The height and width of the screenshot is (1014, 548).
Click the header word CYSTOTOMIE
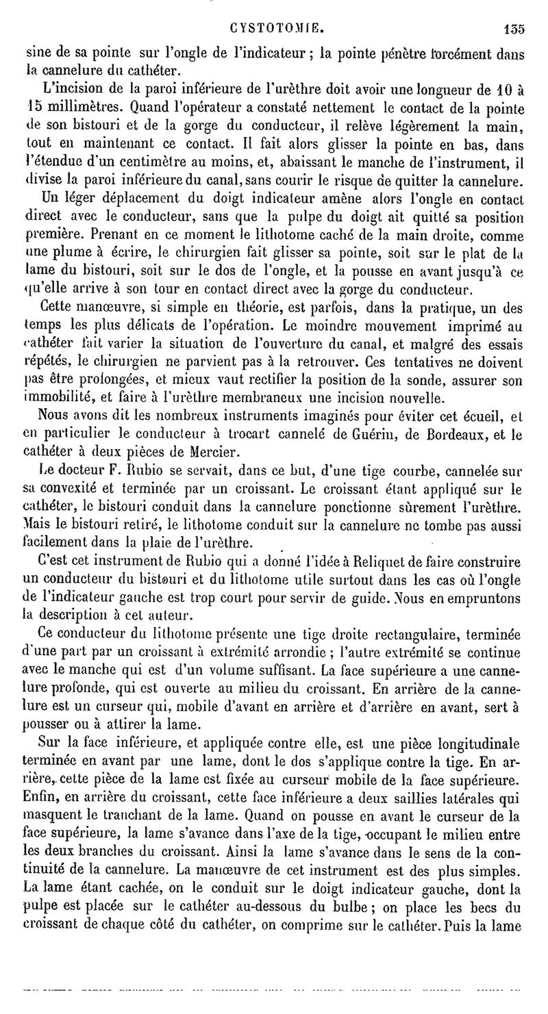[276, 29]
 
